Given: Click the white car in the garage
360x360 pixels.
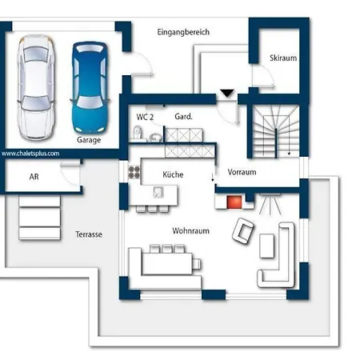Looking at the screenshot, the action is pyautogui.click(x=36, y=87).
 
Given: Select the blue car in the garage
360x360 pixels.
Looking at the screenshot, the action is pyautogui.click(x=90, y=87).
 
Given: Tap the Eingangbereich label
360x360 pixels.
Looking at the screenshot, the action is pyautogui.click(x=183, y=32).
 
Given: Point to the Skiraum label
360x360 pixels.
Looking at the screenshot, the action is pyautogui.click(x=283, y=58).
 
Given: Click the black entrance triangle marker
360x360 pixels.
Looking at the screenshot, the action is pyautogui.click(x=227, y=94).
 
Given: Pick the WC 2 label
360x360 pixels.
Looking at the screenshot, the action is pyautogui.click(x=145, y=117).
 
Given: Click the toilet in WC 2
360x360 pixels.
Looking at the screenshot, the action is pyautogui.click(x=137, y=133).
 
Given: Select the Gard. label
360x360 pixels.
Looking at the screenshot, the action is pyautogui.click(x=183, y=116).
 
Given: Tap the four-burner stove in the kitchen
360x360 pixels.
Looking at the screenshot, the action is pyautogui.click(x=134, y=172).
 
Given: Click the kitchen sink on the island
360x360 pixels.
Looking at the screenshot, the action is pyautogui.click(x=158, y=192).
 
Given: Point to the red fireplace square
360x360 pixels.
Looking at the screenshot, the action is pyautogui.click(x=234, y=202).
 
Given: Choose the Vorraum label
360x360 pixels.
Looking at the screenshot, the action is pyautogui.click(x=242, y=172).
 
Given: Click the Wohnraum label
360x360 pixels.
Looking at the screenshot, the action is pyautogui.click(x=190, y=230).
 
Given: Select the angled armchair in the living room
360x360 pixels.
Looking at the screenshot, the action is pyautogui.click(x=242, y=230).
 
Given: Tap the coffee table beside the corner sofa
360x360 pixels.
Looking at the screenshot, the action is pyautogui.click(x=266, y=246).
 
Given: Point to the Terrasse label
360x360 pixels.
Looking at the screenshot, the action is pyautogui.click(x=89, y=234).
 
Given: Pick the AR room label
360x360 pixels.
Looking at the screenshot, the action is pyautogui.click(x=34, y=177).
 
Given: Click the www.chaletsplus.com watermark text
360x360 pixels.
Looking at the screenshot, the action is pyautogui.click(x=30, y=154).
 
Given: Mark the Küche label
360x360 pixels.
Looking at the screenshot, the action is pyautogui.click(x=173, y=174).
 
